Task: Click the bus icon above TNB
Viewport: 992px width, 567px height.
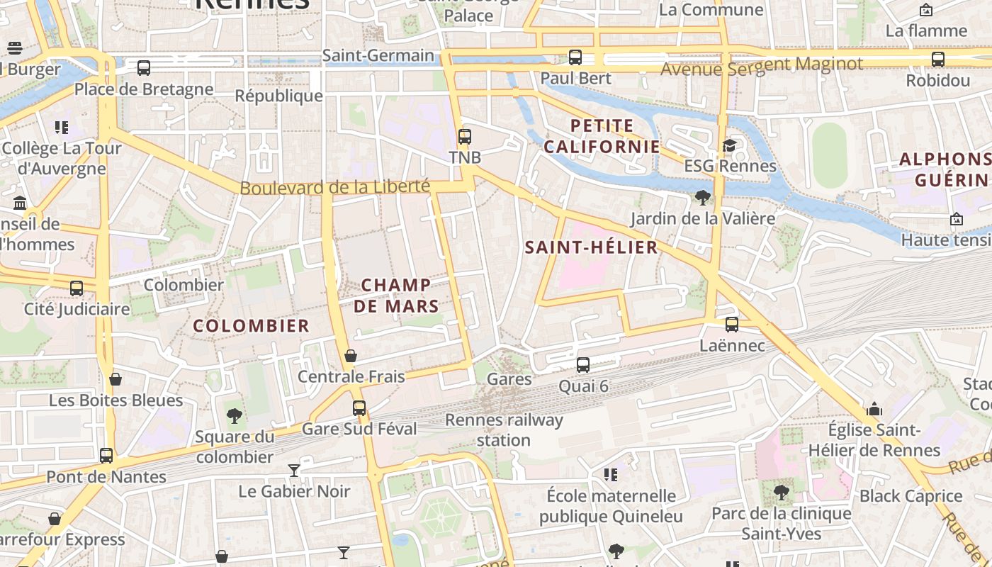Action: click(x=465, y=137)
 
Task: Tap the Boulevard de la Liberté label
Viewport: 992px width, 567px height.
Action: click(x=334, y=187)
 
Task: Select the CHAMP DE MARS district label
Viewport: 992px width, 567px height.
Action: click(x=396, y=296)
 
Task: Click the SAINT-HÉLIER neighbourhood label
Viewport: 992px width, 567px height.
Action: click(x=591, y=247)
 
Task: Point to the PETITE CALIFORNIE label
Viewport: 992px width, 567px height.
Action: click(x=602, y=136)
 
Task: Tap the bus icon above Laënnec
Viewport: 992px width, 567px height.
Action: click(x=732, y=325)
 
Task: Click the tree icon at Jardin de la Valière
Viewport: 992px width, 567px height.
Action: click(x=703, y=198)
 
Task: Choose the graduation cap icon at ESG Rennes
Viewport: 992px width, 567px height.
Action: click(x=729, y=146)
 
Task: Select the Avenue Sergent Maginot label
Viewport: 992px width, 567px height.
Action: click(x=762, y=66)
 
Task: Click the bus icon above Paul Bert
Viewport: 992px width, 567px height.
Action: click(x=575, y=57)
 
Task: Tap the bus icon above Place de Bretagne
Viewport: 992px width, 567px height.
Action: click(x=144, y=68)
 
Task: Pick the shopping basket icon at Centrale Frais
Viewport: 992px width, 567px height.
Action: click(x=350, y=356)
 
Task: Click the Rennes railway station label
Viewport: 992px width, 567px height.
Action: click(x=504, y=430)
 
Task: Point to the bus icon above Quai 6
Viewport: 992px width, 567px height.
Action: click(x=583, y=365)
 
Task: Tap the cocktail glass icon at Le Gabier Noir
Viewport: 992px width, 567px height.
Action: click(x=294, y=470)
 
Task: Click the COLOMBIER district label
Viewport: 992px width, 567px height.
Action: click(x=252, y=326)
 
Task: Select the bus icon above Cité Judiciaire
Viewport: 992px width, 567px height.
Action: click(x=77, y=288)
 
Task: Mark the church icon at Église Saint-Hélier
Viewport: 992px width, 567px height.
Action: click(x=874, y=410)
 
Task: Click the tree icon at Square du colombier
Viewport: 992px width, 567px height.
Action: click(x=235, y=416)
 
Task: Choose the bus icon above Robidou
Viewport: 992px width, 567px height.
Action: click(x=938, y=60)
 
